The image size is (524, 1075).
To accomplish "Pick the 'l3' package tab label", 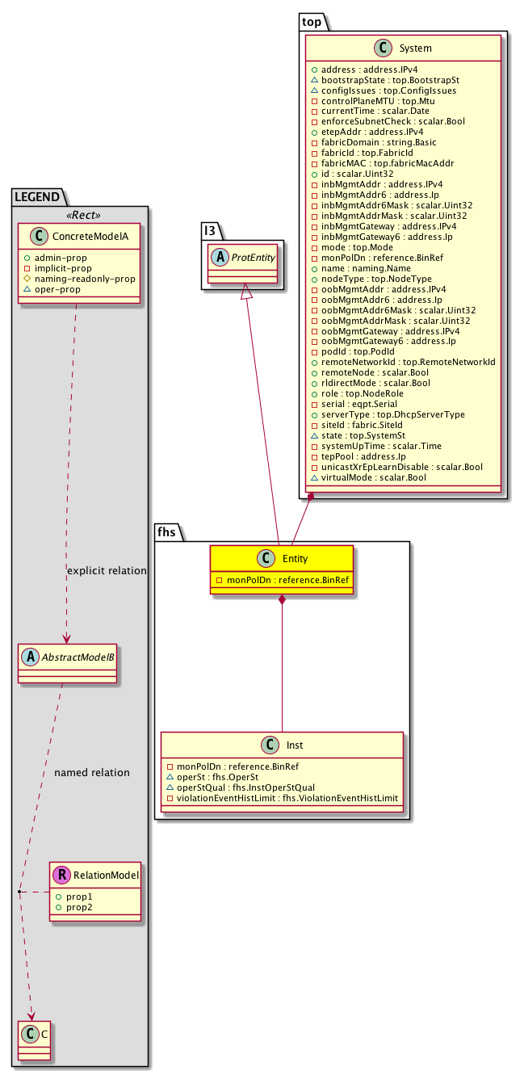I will [210, 231].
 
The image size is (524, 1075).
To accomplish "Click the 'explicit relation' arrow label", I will [107, 571].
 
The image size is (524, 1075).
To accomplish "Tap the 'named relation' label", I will [91, 773].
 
